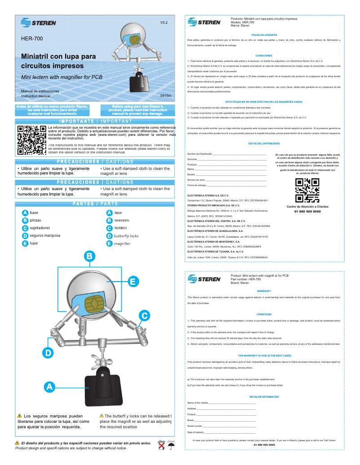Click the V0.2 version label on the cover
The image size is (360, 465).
[x=164, y=22]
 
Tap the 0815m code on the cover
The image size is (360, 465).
[x=166, y=96]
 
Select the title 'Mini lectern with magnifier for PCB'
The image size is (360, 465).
[x=62, y=77]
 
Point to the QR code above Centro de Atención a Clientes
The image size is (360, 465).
[x=307, y=191]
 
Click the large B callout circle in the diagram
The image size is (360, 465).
[x=89, y=256]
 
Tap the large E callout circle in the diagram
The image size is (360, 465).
[x=132, y=282]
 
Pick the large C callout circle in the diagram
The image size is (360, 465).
[x=144, y=316]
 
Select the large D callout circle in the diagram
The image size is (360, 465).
[x=48, y=353]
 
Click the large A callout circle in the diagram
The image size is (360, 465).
[x=50, y=386]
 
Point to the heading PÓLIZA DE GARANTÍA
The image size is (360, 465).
[x=264, y=35]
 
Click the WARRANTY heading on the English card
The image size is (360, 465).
[x=264, y=291]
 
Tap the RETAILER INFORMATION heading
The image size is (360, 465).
[x=264, y=397]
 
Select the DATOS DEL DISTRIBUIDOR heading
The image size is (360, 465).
[x=264, y=143]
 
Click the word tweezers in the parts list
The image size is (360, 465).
[x=122, y=220]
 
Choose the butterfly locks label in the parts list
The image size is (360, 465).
[x=126, y=235]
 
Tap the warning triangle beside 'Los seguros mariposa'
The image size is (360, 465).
[x=19, y=416]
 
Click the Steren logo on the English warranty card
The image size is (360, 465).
[x=204, y=279]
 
